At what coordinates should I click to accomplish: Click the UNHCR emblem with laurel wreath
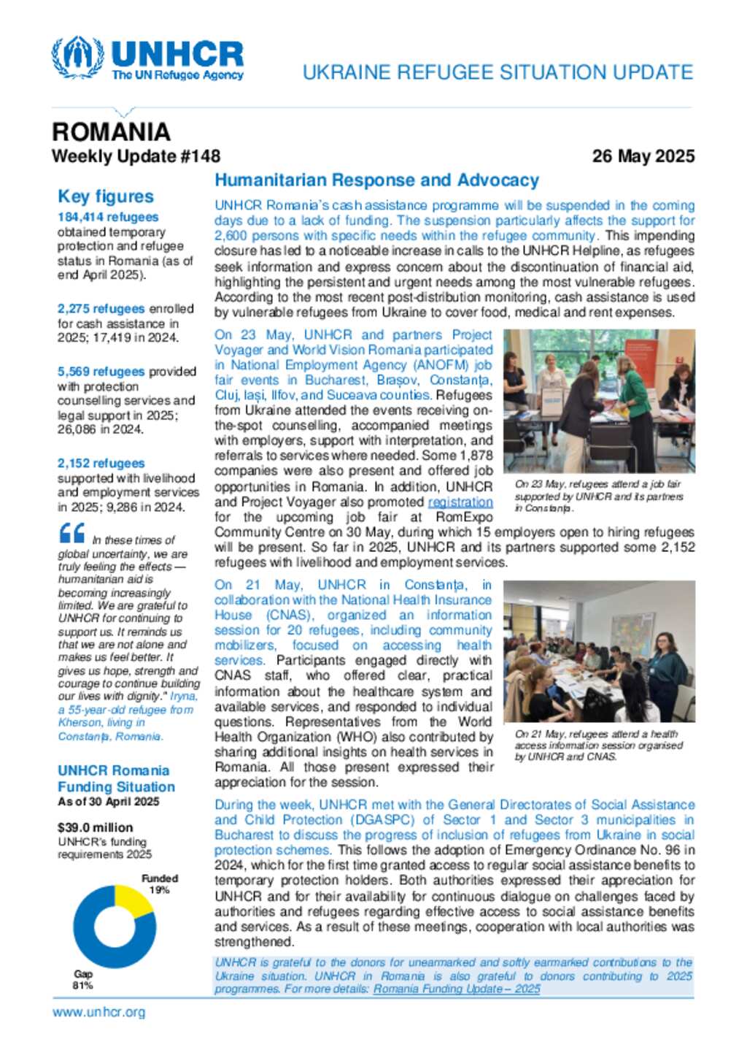coord(77,58)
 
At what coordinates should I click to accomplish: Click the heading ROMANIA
coord(111,132)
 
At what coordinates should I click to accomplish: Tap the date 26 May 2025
coord(643,156)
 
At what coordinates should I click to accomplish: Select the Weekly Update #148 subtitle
coord(136,156)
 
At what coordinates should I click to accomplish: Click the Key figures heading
coord(106,196)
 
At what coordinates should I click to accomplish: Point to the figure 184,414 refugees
coord(108,217)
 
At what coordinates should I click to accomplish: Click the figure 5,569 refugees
coord(101,372)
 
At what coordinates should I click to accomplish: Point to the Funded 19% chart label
coord(160,884)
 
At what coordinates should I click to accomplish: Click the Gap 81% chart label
coord(83,980)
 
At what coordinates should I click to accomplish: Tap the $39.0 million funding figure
coord(96,827)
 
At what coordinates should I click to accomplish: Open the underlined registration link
coord(460,502)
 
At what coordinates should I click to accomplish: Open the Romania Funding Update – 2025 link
coord(457,989)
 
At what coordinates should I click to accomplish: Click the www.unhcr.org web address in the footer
coord(99,1012)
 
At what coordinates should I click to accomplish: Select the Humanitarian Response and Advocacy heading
coord(376,180)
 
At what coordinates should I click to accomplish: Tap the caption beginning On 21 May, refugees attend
coord(598,745)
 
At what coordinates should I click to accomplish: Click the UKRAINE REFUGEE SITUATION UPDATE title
coord(498,72)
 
